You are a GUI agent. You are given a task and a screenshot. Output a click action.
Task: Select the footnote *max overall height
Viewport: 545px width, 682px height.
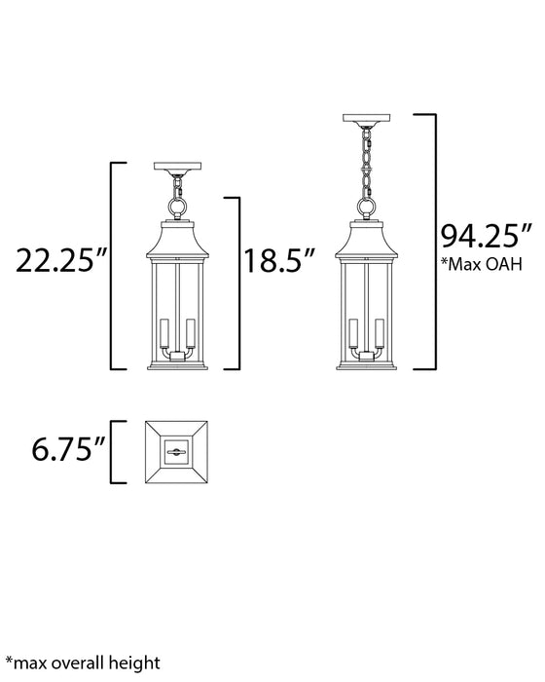[84, 663]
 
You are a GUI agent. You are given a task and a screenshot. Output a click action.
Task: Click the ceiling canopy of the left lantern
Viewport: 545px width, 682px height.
[178, 167]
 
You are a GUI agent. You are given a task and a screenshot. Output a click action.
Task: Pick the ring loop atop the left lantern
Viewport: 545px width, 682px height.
[178, 207]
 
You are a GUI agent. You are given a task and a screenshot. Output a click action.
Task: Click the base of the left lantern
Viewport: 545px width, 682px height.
[178, 362]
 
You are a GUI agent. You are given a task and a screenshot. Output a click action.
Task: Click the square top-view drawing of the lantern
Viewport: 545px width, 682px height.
[178, 449]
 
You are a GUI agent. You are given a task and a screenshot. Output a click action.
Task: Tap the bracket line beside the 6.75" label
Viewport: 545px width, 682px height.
[114, 449]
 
